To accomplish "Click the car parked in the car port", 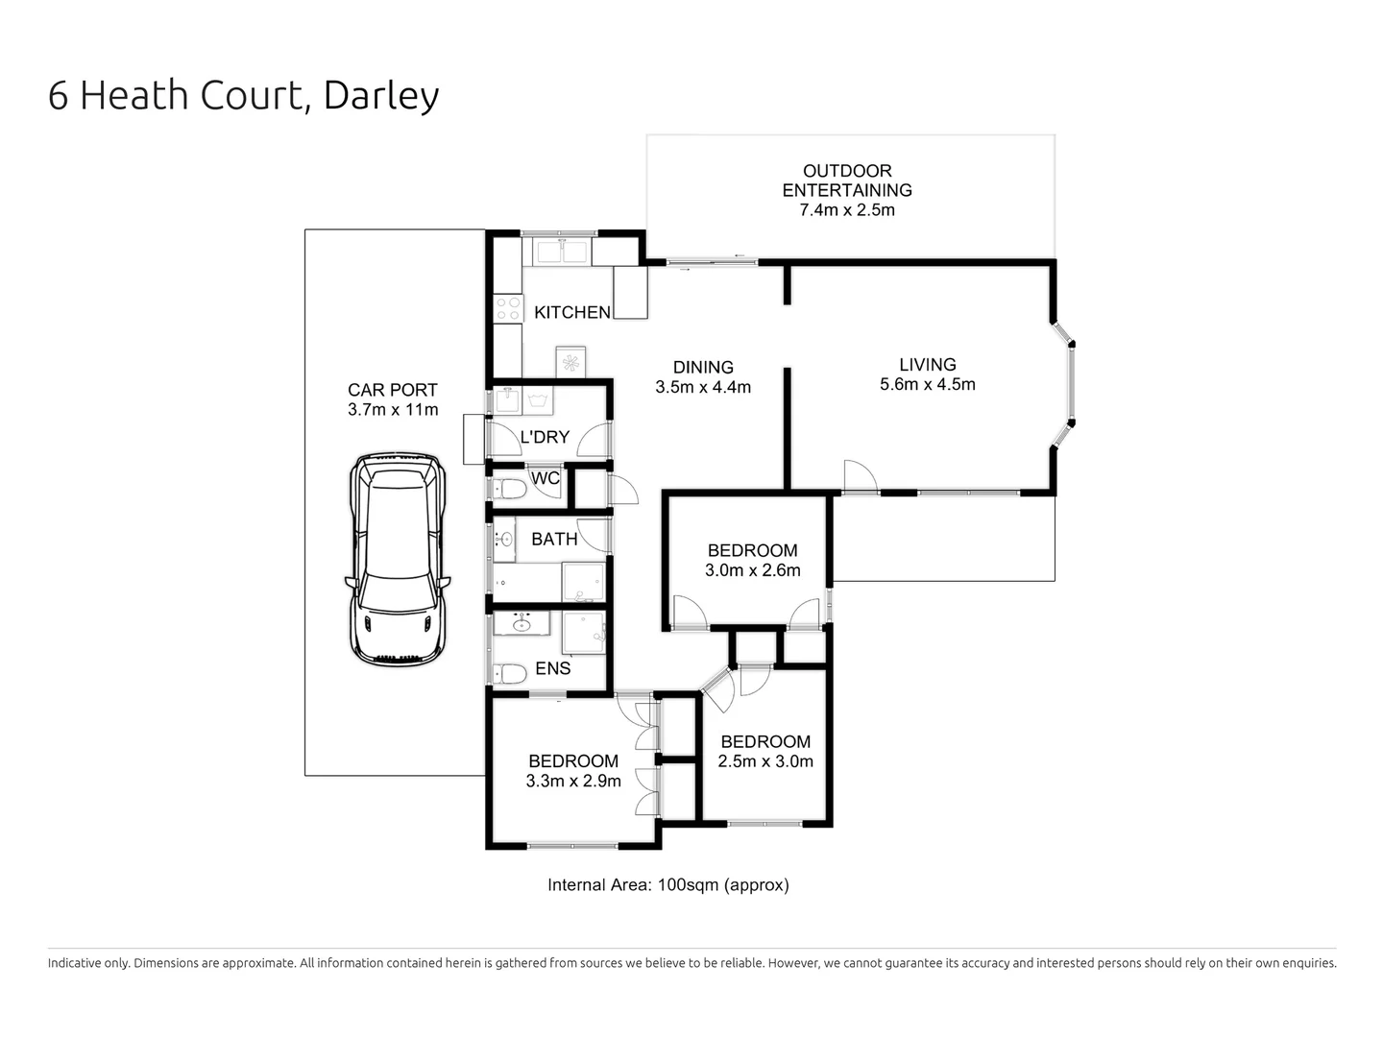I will pos(397,559).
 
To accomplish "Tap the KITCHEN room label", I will pos(571,312).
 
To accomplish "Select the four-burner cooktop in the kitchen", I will pos(508,309).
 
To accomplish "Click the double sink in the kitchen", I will pos(562,252).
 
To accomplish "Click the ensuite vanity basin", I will pos(522,625).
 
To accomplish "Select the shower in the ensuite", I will pos(584,632).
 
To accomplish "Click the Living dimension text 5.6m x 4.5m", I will pos(927,385).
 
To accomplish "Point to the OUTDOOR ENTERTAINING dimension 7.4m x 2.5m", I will pos(847,210).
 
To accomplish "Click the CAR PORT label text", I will pos(392,390).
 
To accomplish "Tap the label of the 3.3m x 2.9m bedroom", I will pos(572,761).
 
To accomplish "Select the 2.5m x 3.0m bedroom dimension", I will pos(765,761).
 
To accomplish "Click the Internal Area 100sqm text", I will pos(667,885).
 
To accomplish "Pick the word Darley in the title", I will pos(381,95).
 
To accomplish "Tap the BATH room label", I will pos(554,540).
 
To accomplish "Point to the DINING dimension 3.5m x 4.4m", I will pos(703,388).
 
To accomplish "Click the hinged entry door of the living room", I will pos(860,477).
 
